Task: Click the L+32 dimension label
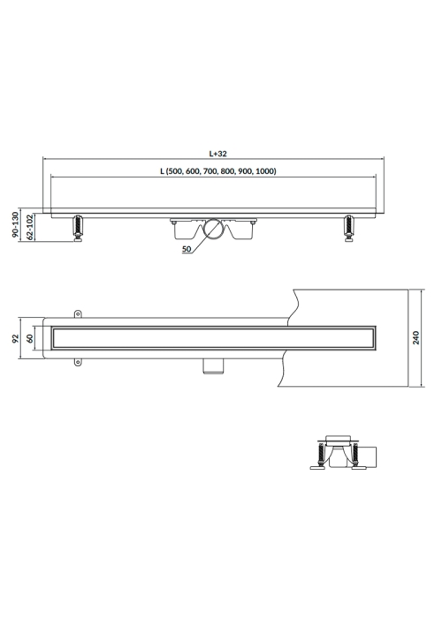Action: point(217,154)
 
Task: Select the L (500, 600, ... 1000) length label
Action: point(217,171)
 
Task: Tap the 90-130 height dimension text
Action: point(15,224)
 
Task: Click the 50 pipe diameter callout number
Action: point(187,249)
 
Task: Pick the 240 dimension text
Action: point(416,338)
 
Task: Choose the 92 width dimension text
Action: point(15,338)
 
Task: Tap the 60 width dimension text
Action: point(30,338)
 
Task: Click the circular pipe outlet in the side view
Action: point(214,229)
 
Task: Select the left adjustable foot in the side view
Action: point(78,228)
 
